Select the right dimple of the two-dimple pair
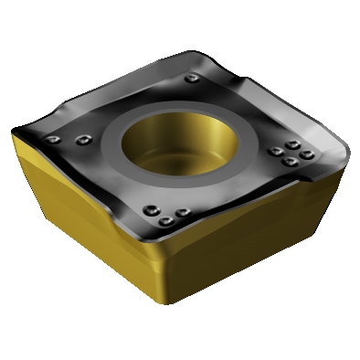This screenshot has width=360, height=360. point(83,139)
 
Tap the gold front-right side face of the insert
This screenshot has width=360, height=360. point(265,238)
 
